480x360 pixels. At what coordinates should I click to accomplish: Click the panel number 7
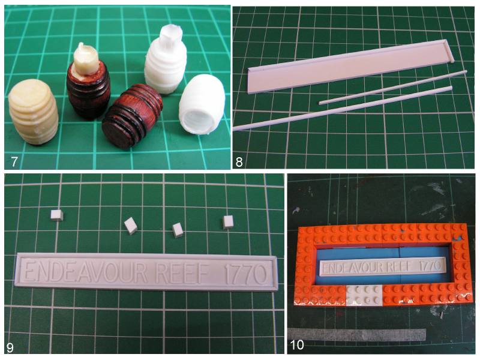pyautogui.click(x=14, y=161)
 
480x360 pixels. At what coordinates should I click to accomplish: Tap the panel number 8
pyautogui.click(x=239, y=161)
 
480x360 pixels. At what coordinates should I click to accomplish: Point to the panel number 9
pyautogui.click(x=10, y=347)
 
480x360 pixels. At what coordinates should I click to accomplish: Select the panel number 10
pyautogui.click(x=296, y=345)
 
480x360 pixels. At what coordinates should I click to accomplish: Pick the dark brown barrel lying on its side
pyautogui.click(x=131, y=116)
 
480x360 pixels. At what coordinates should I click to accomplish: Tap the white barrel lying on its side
pyautogui.click(x=202, y=104)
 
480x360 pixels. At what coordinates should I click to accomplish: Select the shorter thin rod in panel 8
pyautogui.click(x=393, y=87)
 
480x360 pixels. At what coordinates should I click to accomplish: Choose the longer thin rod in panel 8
pyautogui.click(x=343, y=108)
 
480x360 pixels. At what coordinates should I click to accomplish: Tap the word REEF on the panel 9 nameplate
pyautogui.click(x=182, y=272)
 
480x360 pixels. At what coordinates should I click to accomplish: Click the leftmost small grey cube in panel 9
pyautogui.click(x=57, y=215)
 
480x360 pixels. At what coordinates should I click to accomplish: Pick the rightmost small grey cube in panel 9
pyautogui.click(x=229, y=222)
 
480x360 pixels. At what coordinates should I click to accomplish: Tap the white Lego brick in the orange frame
pyautogui.click(x=364, y=295)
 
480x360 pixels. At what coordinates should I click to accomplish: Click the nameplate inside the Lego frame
pyautogui.click(x=383, y=266)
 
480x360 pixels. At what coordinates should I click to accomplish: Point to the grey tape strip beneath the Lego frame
pyautogui.click(x=356, y=334)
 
